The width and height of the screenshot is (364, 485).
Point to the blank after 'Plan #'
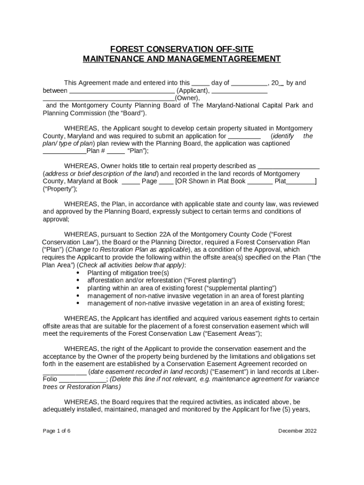tap(116, 152)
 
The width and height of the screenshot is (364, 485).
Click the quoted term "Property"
tap(60, 189)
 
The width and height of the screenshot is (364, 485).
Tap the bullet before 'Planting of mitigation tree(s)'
tap(78, 273)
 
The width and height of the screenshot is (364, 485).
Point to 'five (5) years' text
tap(288, 410)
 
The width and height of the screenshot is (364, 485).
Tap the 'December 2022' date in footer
tap(297, 431)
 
